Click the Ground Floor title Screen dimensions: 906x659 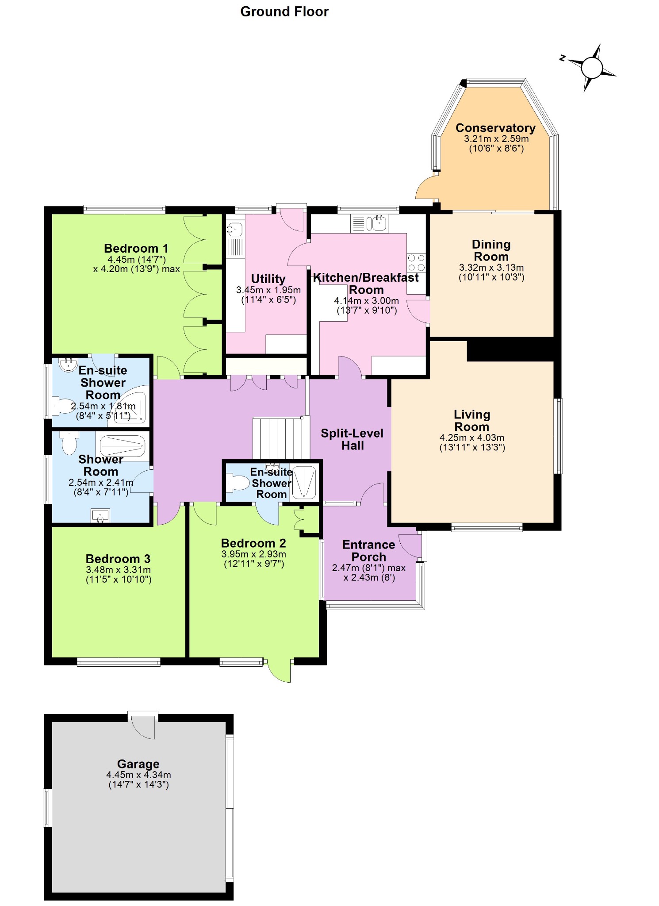click(284, 12)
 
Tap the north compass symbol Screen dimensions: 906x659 click(591, 68)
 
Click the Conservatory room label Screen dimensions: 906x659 click(495, 128)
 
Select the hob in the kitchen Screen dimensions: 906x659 click(416, 262)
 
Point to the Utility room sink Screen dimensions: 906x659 click(235, 230)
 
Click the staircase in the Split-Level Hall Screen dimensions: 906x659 click(278, 438)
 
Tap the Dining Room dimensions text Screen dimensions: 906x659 click(491, 273)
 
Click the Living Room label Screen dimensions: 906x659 click(471, 421)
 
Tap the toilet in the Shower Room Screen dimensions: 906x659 click(69, 443)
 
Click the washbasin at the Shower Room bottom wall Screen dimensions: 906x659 click(100, 515)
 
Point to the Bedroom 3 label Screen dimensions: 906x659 click(118, 559)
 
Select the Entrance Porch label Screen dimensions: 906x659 click(368, 551)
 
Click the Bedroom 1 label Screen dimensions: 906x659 click(136, 248)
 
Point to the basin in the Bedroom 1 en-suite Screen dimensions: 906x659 click(68, 365)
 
